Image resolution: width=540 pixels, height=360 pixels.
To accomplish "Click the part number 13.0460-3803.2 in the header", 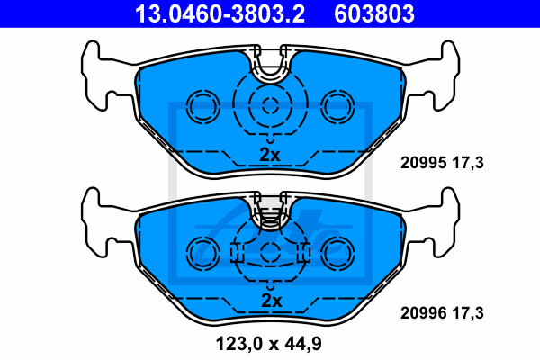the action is pyautogui.click(x=220, y=13).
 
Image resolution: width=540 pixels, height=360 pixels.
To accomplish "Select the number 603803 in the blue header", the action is pyautogui.click(x=374, y=13).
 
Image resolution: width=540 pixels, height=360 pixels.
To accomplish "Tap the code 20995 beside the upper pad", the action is pyautogui.click(x=423, y=163).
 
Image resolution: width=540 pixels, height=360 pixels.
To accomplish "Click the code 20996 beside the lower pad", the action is pyautogui.click(x=423, y=313).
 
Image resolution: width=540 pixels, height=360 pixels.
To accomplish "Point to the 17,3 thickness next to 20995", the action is pyautogui.click(x=468, y=163).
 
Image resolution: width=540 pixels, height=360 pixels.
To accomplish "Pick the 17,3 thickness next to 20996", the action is pyautogui.click(x=468, y=313).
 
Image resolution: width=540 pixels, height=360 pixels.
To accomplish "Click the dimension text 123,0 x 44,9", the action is pyautogui.click(x=268, y=344).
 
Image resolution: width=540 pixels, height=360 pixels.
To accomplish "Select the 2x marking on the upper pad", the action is pyautogui.click(x=270, y=155).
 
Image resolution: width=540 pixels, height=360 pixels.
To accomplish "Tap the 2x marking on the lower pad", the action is pyautogui.click(x=272, y=301).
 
